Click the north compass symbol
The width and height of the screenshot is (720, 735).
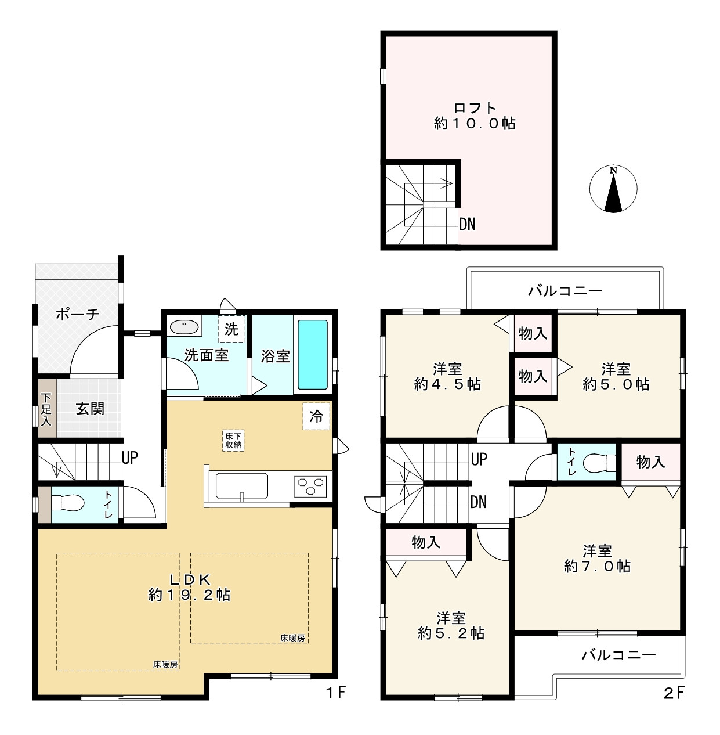click(x=613, y=189)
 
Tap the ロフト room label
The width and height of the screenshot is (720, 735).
click(x=475, y=108)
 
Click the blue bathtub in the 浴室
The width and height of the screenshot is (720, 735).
click(x=312, y=354)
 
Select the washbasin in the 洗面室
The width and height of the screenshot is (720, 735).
click(x=184, y=326)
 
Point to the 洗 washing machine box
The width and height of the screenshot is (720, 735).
click(x=231, y=329)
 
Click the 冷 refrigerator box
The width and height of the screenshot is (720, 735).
click(x=316, y=416)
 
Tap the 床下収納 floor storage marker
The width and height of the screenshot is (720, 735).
click(x=233, y=441)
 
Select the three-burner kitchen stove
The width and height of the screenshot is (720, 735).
click(x=310, y=487)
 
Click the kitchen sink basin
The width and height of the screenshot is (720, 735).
click(x=242, y=485)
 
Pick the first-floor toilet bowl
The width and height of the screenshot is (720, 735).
click(x=67, y=503)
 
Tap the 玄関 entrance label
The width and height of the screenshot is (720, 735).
click(x=90, y=409)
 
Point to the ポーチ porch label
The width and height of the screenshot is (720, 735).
click(x=77, y=314)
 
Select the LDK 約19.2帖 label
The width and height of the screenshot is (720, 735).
click(x=190, y=587)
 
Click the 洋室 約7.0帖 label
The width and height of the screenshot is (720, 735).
click(x=597, y=559)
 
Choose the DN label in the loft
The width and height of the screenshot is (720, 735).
click(x=467, y=224)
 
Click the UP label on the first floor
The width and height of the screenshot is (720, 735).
click(x=129, y=457)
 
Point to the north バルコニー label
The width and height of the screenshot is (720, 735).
click(x=565, y=291)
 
